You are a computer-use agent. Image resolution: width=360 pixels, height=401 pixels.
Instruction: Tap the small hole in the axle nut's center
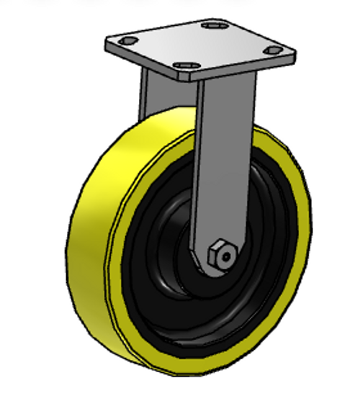pyautogui.click(x=225, y=255)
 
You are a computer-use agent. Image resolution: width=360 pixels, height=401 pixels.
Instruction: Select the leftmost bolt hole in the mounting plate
pyautogui.click(x=127, y=40)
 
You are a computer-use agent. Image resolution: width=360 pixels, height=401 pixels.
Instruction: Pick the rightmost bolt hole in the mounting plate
pyautogui.click(x=273, y=50)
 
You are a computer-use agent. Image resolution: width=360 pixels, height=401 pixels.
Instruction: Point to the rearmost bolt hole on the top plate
pyautogui.click(x=212, y=26)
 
